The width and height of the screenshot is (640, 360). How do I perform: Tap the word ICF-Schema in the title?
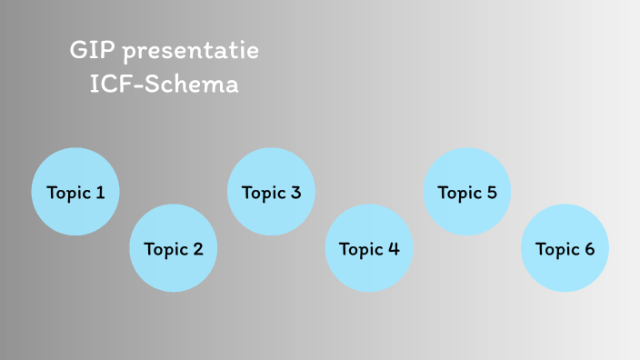[x=165, y=85]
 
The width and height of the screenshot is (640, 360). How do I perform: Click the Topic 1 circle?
[x=75, y=192]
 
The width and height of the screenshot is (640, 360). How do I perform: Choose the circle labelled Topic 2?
[x=174, y=248]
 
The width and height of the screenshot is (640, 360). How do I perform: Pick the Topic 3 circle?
[x=271, y=192]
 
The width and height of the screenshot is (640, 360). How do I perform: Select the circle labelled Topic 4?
[x=369, y=248]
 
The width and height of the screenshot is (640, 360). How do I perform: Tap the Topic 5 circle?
[x=467, y=192]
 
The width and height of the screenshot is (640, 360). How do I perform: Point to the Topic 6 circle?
[x=565, y=248]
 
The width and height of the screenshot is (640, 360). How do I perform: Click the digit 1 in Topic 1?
[x=99, y=193]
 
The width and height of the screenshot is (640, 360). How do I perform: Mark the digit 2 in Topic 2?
[x=197, y=249]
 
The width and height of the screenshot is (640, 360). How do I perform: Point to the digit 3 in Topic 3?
[x=295, y=193]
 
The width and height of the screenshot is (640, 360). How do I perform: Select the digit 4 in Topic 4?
[x=394, y=249]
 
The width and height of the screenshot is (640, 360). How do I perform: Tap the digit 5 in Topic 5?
[x=492, y=193]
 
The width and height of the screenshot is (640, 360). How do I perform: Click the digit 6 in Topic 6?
[x=589, y=249]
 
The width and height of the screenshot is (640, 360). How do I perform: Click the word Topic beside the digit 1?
[x=67, y=193]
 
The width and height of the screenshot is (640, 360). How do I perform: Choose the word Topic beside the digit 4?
[x=361, y=249]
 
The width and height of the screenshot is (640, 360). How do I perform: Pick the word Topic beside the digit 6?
[x=556, y=249]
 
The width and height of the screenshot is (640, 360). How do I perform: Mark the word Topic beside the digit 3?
[x=263, y=193]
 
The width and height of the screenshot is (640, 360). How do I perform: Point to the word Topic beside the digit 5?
[x=459, y=193]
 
